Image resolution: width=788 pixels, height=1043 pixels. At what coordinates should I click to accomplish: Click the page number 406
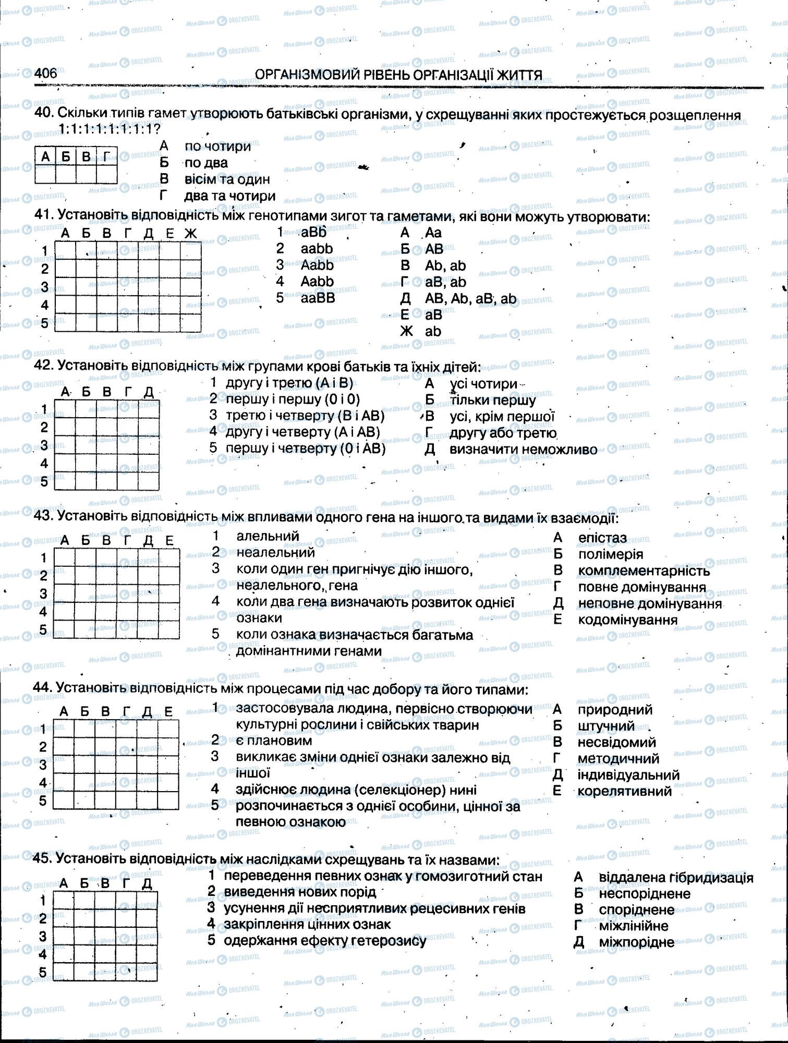click(45, 74)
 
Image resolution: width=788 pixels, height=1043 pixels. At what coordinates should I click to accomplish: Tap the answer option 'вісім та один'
click(227, 179)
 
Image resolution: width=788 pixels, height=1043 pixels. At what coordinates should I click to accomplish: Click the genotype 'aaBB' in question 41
click(318, 298)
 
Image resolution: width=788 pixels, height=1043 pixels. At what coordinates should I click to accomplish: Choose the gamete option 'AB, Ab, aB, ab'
click(470, 299)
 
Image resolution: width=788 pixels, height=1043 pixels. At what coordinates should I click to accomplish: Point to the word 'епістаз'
click(602, 538)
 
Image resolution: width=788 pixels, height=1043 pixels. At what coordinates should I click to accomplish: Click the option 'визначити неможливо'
click(523, 450)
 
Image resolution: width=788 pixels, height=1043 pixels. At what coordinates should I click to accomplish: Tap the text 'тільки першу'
click(492, 401)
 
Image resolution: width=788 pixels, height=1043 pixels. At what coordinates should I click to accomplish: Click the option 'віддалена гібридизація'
click(676, 877)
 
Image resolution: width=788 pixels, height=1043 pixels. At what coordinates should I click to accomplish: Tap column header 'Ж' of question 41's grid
click(190, 234)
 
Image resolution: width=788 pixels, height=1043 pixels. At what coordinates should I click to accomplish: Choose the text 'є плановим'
click(274, 740)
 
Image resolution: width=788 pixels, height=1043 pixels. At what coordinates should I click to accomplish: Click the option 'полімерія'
click(610, 554)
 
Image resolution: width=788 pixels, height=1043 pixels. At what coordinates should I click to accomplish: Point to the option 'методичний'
click(618, 758)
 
